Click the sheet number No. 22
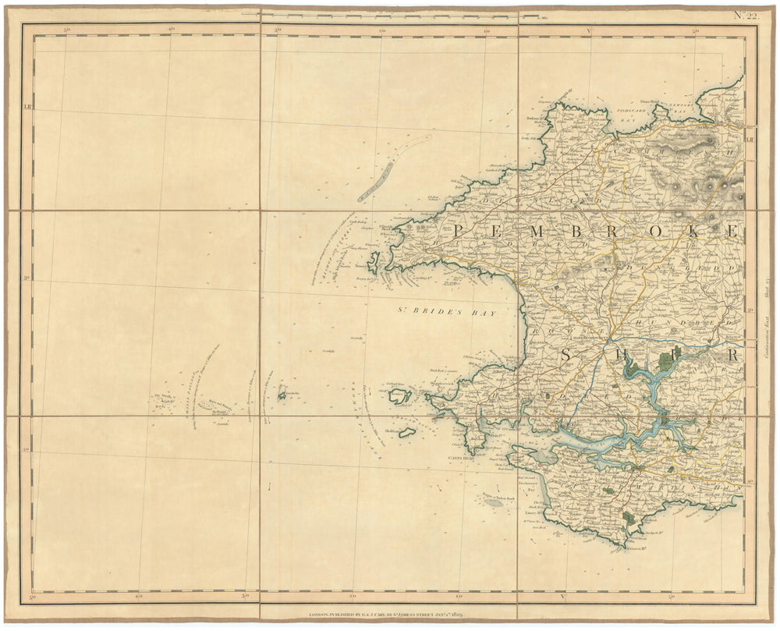pos(744,13)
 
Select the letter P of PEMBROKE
pos(459,230)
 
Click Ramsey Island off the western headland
pos(373,262)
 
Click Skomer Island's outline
pos(400,395)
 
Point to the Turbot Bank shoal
pos(493,502)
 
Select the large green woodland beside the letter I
pos(665,360)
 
